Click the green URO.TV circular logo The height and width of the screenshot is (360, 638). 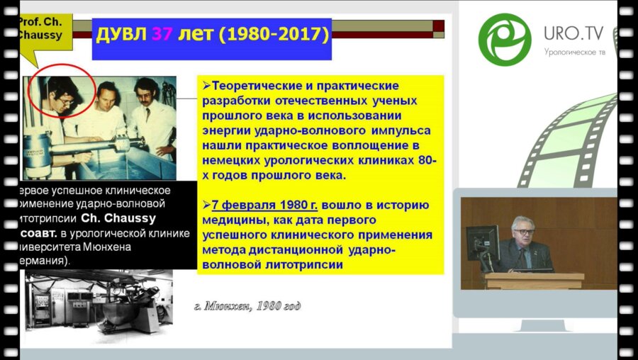click(504, 39)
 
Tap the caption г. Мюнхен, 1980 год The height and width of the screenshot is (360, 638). click(247, 306)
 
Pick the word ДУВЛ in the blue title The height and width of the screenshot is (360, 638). click(123, 33)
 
